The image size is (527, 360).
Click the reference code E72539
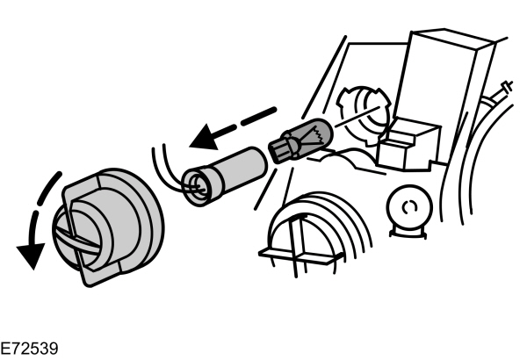pyautogui.click(x=30, y=349)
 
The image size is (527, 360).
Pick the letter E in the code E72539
pyautogui.click(x=6, y=349)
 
